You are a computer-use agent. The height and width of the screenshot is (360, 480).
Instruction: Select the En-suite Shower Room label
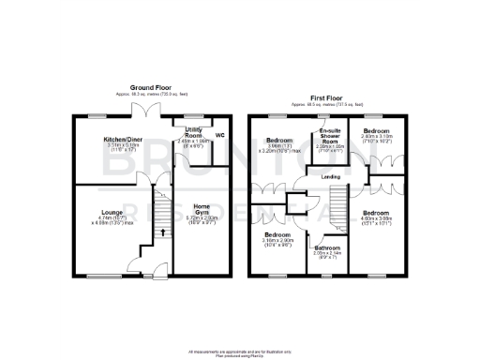point(329,134)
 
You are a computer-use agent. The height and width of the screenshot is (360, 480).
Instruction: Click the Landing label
point(330,175)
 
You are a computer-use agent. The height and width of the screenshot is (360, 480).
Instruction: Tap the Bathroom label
point(327,247)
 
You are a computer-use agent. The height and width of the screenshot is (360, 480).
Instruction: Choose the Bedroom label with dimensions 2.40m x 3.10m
point(377,130)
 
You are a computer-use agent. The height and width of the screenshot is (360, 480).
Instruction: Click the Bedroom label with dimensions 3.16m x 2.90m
point(279,233)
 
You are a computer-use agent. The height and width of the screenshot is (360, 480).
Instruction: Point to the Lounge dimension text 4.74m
point(102,217)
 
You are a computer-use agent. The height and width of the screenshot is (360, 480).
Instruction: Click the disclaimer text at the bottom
point(240,352)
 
